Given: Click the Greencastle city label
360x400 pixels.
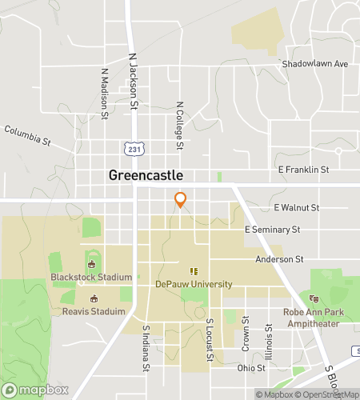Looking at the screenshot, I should pyautogui.click(x=146, y=175).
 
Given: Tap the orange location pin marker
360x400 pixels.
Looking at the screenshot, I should pyautogui.click(x=181, y=200).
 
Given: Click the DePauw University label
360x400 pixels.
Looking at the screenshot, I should pyautogui.click(x=194, y=284).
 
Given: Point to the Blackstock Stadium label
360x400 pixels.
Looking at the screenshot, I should pyautogui.click(x=90, y=278).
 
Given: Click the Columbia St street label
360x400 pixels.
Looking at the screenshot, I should pyautogui.click(x=27, y=135).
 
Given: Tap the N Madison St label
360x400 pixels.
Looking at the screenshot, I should pyautogui.click(x=105, y=93).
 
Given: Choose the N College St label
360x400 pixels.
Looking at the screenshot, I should pyautogui.click(x=179, y=126).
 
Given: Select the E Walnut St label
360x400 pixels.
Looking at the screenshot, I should pyautogui.click(x=296, y=207).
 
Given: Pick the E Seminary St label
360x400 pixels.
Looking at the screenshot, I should pyautogui.click(x=272, y=230).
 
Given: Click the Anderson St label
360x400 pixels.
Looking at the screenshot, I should pyautogui.click(x=279, y=259).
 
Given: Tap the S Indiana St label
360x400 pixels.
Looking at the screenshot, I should pyautogui.click(x=146, y=348).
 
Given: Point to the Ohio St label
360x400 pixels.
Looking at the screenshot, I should pyautogui.click(x=250, y=368).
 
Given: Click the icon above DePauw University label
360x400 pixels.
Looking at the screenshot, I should pyautogui.click(x=192, y=271).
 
